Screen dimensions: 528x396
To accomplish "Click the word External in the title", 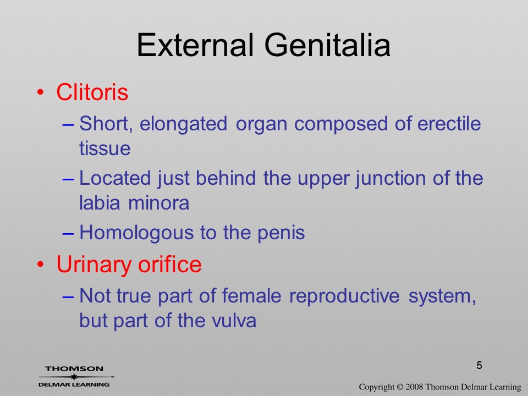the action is coord(195,45).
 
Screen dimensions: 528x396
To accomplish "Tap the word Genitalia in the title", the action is coord(328,45).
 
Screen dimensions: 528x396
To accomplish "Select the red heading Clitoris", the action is coord(92,92).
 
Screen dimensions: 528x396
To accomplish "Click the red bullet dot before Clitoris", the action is coord(40,92).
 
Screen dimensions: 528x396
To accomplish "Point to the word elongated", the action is coord(183,124).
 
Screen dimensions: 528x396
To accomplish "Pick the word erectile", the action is coord(449,123).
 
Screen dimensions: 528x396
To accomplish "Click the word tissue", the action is coord(105,148).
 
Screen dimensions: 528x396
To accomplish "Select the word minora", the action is coord(158,203).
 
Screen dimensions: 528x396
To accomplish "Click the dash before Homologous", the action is coord(68,233).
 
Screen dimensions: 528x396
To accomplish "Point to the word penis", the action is coord(281,233).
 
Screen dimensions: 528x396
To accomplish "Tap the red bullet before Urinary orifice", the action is coord(40,265).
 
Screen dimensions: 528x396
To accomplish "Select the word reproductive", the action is coord(344,296).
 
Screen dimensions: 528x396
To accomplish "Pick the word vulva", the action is coord(234,320).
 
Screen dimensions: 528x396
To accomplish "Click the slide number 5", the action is coord(479,365).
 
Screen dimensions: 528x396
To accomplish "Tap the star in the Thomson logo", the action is coord(74,377).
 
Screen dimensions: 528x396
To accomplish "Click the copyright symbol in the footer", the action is coord(400,387).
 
